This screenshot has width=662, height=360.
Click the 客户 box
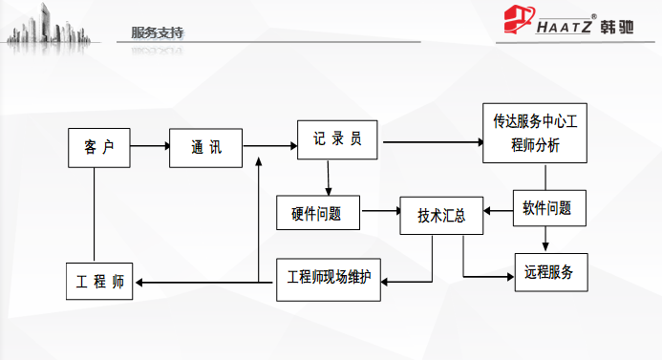coord(99,147)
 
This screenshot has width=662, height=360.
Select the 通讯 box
coord(205,147)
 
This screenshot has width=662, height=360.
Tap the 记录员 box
coord(338,140)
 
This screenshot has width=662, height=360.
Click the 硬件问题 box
coord(317,212)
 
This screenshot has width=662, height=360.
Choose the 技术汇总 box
coord(441,215)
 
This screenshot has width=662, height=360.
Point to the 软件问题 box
coord(547,207)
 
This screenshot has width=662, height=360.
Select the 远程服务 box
coord(549,272)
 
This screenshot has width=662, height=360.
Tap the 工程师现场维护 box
coord(329,279)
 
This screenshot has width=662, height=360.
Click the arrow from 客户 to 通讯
coord(150,147)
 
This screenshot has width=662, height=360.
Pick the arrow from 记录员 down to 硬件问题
coord(328,178)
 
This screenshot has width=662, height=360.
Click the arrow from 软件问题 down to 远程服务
coord(545,239)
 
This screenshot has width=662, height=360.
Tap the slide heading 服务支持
coord(158,32)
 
